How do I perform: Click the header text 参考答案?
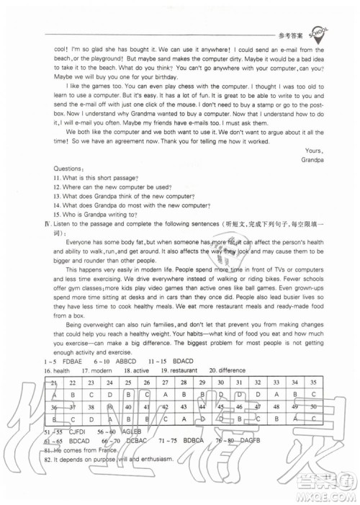[289, 35]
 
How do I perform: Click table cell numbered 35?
[312, 383]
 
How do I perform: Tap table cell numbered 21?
[52, 383]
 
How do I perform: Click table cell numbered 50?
[312, 406]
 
